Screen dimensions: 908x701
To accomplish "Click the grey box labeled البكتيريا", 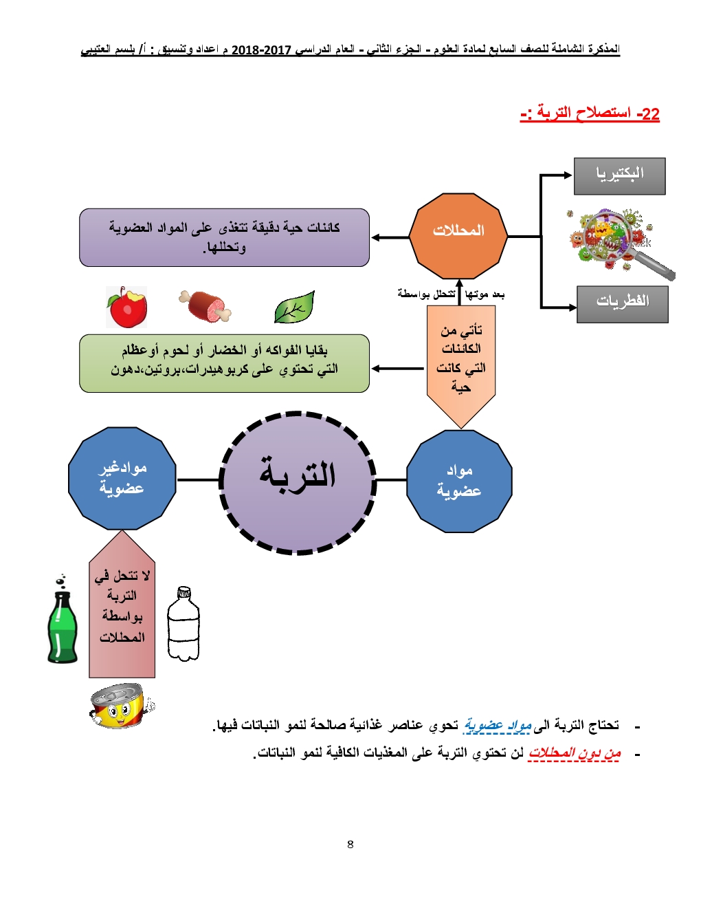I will pyautogui.click(x=619, y=176).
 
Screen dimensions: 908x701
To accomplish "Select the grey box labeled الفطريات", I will pyautogui.click(x=622, y=304).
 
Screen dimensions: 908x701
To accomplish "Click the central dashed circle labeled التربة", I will pyautogui.click(x=298, y=482).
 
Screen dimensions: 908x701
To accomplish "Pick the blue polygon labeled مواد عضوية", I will pyautogui.click(x=459, y=481).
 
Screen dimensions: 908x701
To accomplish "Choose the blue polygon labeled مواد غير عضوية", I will pyautogui.click(x=122, y=478).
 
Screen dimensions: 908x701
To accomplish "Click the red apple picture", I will pyautogui.click(x=127, y=307).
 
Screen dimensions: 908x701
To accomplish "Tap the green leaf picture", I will pyautogui.click(x=294, y=307).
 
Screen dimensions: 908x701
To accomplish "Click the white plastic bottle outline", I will pyautogui.click(x=183, y=624).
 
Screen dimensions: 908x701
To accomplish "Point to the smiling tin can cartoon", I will pyautogui.click(x=121, y=705).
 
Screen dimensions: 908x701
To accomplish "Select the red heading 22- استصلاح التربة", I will pyautogui.click(x=590, y=113).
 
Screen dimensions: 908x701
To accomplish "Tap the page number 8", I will pyautogui.click(x=350, y=844).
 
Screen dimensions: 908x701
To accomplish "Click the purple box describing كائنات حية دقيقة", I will pyautogui.click(x=224, y=237).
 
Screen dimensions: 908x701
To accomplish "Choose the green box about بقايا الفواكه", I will pyautogui.click(x=224, y=363).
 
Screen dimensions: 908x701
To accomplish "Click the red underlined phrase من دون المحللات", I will pyautogui.click(x=574, y=753).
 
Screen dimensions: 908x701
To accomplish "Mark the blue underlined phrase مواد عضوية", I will pyautogui.click(x=498, y=725).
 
